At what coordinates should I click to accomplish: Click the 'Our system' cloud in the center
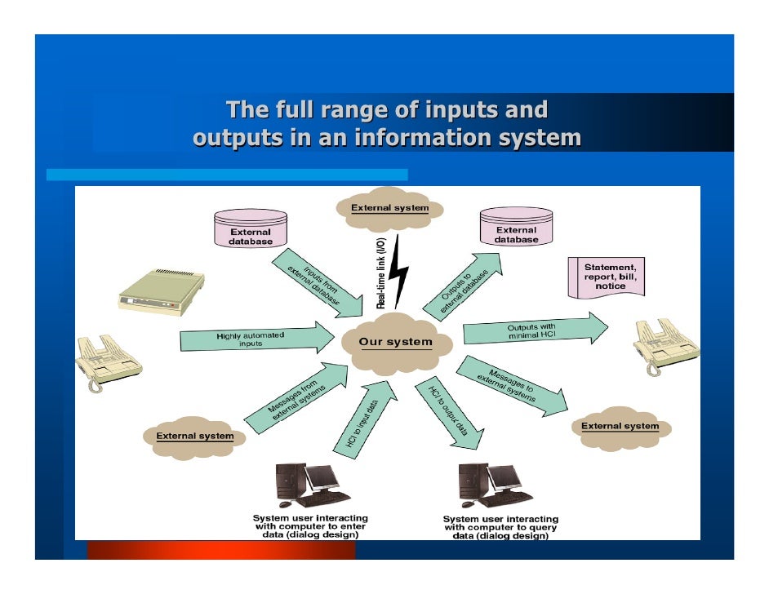(x=397, y=344)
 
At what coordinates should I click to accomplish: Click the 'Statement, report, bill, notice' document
(x=609, y=277)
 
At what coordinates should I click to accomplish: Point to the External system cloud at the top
(x=390, y=209)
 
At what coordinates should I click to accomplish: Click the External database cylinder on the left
(x=250, y=228)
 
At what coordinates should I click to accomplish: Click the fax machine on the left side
(x=108, y=359)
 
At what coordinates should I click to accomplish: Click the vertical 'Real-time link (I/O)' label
(x=380, y=273)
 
